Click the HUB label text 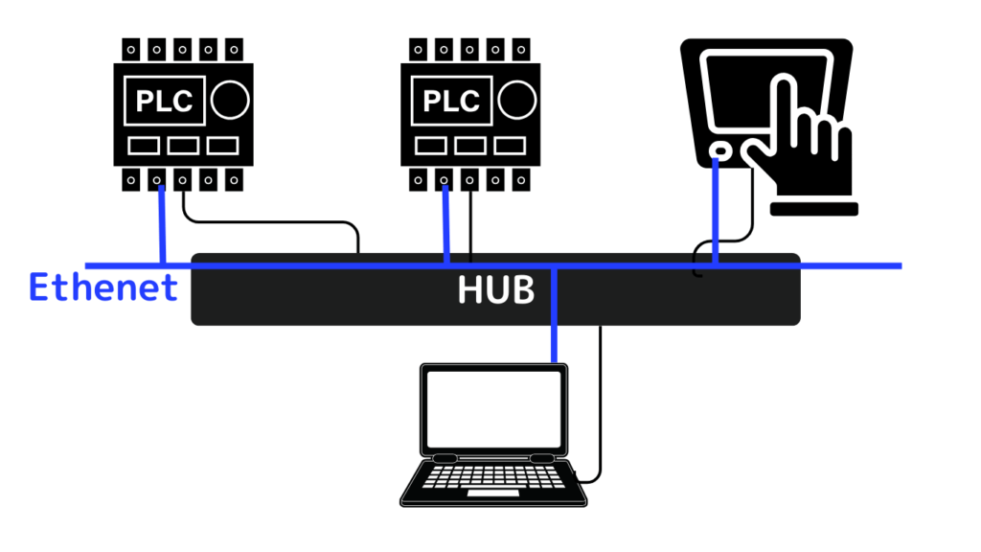pyautogui.click(x=496, y=289)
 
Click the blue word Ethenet pyautogui.click(x=103, y=287)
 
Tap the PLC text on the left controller pyautogui.click(x=165, y=101)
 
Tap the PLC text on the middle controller pyautogui.click(x=452, y=101)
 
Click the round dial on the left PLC pyautogui.click(x=230, y=100)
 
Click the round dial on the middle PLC pyautogui.click(x=517, y=100)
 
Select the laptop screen pyautogui.click(x=493, y=409)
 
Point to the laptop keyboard pyautogui.click(x=493, y=477)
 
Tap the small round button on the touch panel pyautogui.click(x=720, y=150)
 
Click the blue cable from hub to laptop pyautogui.click(x=555, y=314)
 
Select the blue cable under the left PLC pyautogui.click(x=163, y=224)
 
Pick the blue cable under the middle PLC pyautogui.click(x=446, y=224)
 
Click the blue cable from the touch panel pyautogui.click(x=716, y=212)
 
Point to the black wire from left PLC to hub pyautogui.click(x=269, y=221)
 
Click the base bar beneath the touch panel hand pyautogui.click(x=814, y=209)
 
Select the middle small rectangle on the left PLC pyautogui.click(x=183, y=146)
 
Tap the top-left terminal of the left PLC pyautogui.click(x=130, y=50)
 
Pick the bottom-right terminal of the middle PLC pyautogui.click(x=521, y=180)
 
